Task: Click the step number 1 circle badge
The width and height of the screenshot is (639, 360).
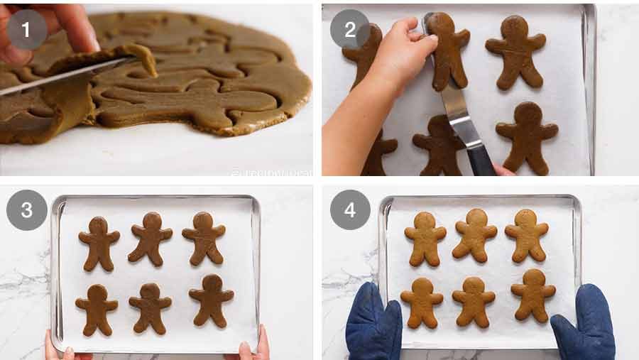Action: [27, 29]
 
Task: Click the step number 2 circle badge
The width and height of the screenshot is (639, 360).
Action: [349, 29]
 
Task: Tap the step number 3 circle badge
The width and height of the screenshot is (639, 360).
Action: [27, 210]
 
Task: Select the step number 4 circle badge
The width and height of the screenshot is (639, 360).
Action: [349, 210]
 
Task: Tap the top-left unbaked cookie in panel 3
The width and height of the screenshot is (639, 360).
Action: [99, 241]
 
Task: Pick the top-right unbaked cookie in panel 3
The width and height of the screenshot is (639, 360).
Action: [204, 237]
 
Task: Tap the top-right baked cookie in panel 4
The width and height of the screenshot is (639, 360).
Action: [526, 235]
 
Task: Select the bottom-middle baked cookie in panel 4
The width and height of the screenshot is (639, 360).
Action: [474, 301]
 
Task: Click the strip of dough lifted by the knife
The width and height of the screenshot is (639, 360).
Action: [142, 57]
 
